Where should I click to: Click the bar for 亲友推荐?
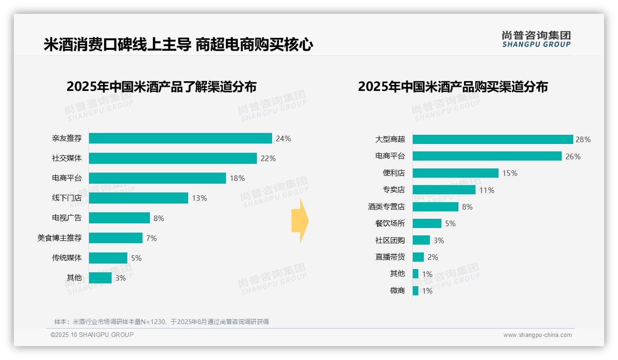coord(180,138)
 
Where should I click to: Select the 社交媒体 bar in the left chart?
coord(172,158)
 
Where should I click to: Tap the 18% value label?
coord(237,178)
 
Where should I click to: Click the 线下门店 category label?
coord(66,198)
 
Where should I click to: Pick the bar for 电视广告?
coord(119,218)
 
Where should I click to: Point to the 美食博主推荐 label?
coord(59,238)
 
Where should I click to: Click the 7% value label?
coord(151,238)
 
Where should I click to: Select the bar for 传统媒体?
coord(108,258)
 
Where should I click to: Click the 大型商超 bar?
coord(493,139)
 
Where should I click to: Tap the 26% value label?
coord(573,156)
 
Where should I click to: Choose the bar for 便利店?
coord(456,173)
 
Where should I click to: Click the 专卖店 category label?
coord(393,190)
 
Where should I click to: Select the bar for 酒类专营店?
coord(435,207)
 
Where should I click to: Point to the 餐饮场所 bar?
coord(427,223)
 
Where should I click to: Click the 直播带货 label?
coord(390,257)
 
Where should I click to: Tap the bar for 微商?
coord(416,291)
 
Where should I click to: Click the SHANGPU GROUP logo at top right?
coord(536,39)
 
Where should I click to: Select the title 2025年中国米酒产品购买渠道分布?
coord(452,87)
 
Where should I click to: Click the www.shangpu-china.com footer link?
coord(537,335)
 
